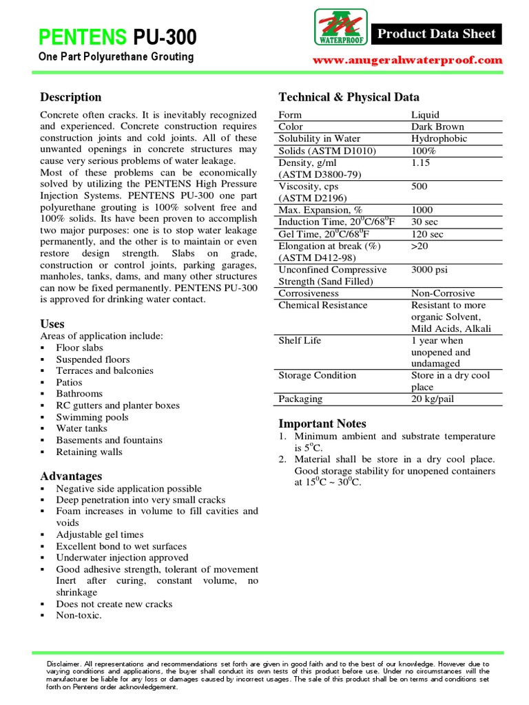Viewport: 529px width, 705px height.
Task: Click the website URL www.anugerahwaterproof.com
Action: [x=408, y=61]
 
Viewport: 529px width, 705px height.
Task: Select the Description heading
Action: [x=70, y=97]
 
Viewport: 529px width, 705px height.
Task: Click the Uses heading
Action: [x=52, y=324]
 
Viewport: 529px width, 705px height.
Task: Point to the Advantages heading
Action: [x=71, y=476]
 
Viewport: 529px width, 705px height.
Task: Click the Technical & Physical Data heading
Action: [x=349, y=97]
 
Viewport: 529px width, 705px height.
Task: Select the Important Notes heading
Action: [x=322, y=423]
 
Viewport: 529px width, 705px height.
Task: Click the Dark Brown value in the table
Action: [x=437, y=127]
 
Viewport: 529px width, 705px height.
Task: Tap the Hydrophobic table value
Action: [x=439, y=138]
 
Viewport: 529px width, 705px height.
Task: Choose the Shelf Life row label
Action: [x=300, y=340]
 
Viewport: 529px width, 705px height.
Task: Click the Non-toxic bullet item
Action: [x=79, y=615]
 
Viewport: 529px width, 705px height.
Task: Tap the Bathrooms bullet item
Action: [x=79, y=394]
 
